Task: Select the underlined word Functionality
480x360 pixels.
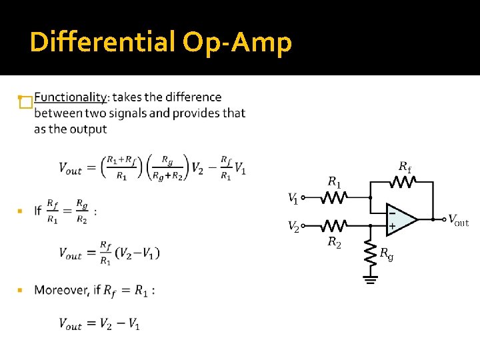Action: click(x=70, y=97)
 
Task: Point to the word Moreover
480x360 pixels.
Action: click(x=63, y=291)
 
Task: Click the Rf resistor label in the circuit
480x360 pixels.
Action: click(x=405, y=166)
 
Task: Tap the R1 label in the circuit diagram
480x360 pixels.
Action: click(x=335, y=182)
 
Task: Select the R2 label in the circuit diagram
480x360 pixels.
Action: click(x=335, y=242)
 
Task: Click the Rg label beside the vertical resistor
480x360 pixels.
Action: click(x=386, y=253)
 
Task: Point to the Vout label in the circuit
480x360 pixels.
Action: click(x=458, y=220)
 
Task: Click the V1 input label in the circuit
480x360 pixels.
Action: click(x=292, y=198)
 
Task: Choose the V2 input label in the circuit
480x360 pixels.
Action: click(x=293, y=227)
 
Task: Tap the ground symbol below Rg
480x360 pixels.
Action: click(x=370, y=279)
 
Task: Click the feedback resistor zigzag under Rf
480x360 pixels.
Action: click(x=404, y=179)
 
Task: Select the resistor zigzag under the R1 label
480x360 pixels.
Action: click(x=335, y=198)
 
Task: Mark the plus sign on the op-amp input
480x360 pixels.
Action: click(x=392, y=227)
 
